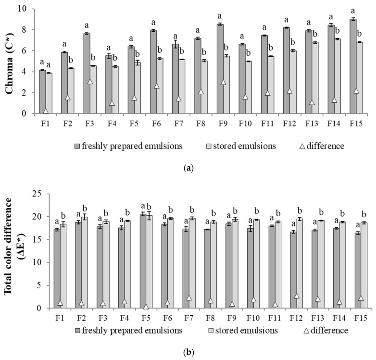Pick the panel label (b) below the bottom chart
pos(188,352)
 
